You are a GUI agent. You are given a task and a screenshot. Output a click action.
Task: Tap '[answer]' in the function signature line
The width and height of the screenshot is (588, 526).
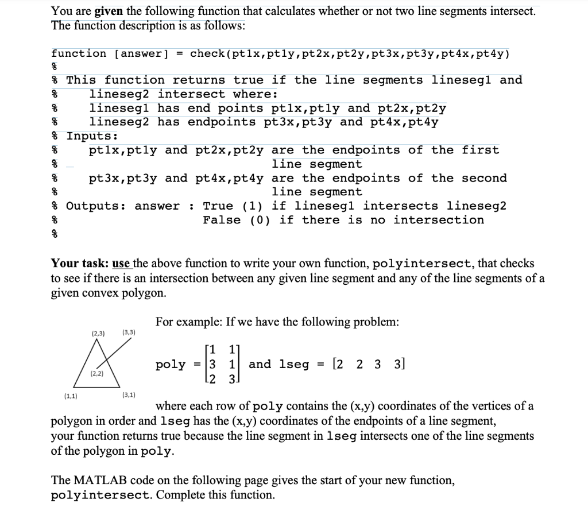(x=142, y=54)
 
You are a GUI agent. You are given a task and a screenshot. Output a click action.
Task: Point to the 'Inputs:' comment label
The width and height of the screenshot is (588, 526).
(x=92, y=136)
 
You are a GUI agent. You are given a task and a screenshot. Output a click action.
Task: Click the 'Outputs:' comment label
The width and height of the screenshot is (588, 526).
(x=96, y=206)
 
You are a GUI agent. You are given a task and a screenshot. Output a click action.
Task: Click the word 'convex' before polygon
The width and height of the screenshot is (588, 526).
(x=100, y=293)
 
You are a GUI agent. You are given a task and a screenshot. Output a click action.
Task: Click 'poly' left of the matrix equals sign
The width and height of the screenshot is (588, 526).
(x=171, y=365)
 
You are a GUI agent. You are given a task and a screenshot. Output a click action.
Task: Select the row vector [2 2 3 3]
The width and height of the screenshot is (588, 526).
(x=368, y=364)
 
